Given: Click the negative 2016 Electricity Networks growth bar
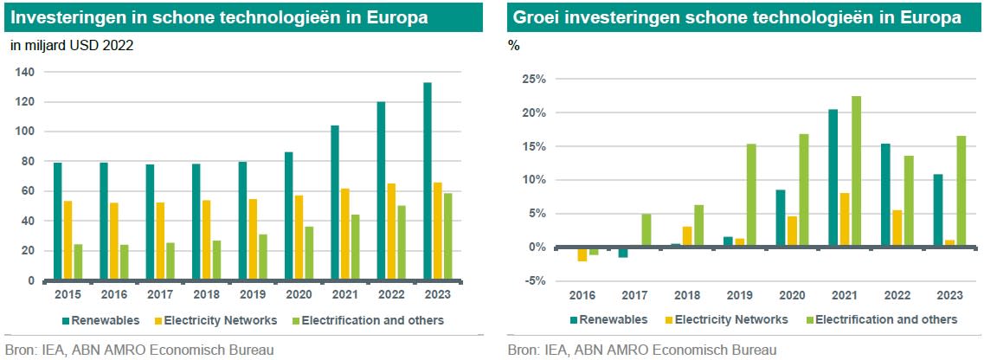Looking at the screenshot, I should click(582, 254).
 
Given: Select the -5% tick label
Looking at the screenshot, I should click(533, 280).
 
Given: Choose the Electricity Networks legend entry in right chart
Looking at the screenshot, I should click(724, 319).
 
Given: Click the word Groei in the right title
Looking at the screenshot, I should click(534, 17).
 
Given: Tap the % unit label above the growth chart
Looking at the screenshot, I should click(515, 45).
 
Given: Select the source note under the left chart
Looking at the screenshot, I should click(139, 350).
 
